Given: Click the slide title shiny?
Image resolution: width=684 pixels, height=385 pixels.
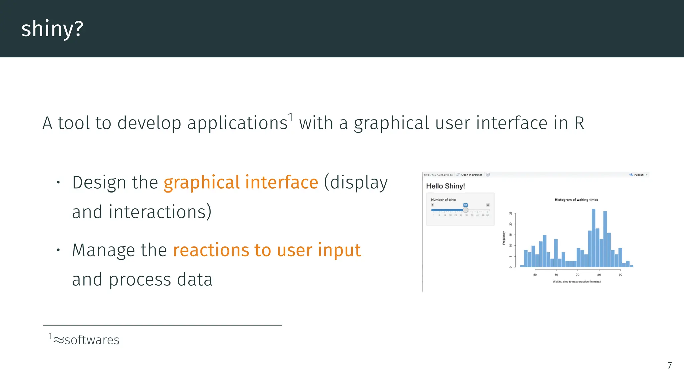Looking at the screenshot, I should pyautogui.click(x=52, y=29).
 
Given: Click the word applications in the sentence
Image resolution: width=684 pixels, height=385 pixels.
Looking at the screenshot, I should pyautogui.click(x=237, y=123).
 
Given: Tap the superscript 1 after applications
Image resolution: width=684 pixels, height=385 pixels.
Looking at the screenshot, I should pyautogui.click(x=291, y=117).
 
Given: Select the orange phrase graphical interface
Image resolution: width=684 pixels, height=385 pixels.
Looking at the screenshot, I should pyautogui.click(x=240, y=182).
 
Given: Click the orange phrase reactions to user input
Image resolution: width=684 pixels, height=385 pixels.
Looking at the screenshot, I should pyautogui.click(x=267, y=250).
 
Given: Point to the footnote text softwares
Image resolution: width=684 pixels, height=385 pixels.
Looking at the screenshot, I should pyautogui.click(x=92, y=340).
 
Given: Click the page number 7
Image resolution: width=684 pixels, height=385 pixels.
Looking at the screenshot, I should pyautogui.click(x=669, y=365).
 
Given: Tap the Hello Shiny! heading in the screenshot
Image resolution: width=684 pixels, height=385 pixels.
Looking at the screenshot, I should pyautogui.click(x=445, y=186).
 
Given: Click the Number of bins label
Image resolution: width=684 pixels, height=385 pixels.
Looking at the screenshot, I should pyautogui.click(x=443, y=200).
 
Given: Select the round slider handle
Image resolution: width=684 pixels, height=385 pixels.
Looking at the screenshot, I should pyautogui.click(x=465, y=210).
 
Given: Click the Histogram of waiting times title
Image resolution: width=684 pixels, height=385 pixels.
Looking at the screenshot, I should pyautogui.click(x=576, y=200).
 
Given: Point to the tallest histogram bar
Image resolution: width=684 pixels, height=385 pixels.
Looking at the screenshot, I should pyautogui.click(x=593, y=237).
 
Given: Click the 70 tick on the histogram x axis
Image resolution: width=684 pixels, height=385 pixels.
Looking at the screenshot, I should pyautogui.click(x=577, y=275).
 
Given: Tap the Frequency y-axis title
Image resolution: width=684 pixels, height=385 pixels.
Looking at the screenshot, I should pyautogui.click(x=504, y=238).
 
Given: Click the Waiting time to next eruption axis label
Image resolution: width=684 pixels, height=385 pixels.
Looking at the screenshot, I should pyautogui.click(x=576, y=282).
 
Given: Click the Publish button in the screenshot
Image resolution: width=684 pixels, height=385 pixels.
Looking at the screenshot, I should pyautogui.click(x=638, y=175).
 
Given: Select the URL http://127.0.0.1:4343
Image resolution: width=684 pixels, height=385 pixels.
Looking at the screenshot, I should pyautogui.click(x=438, y=175).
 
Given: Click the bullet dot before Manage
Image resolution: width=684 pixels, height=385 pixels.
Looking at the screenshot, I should pyautogui.click(x=58, y=250).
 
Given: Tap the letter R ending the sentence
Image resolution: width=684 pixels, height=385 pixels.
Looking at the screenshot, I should pyautogui.click(x=579, y=123).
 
